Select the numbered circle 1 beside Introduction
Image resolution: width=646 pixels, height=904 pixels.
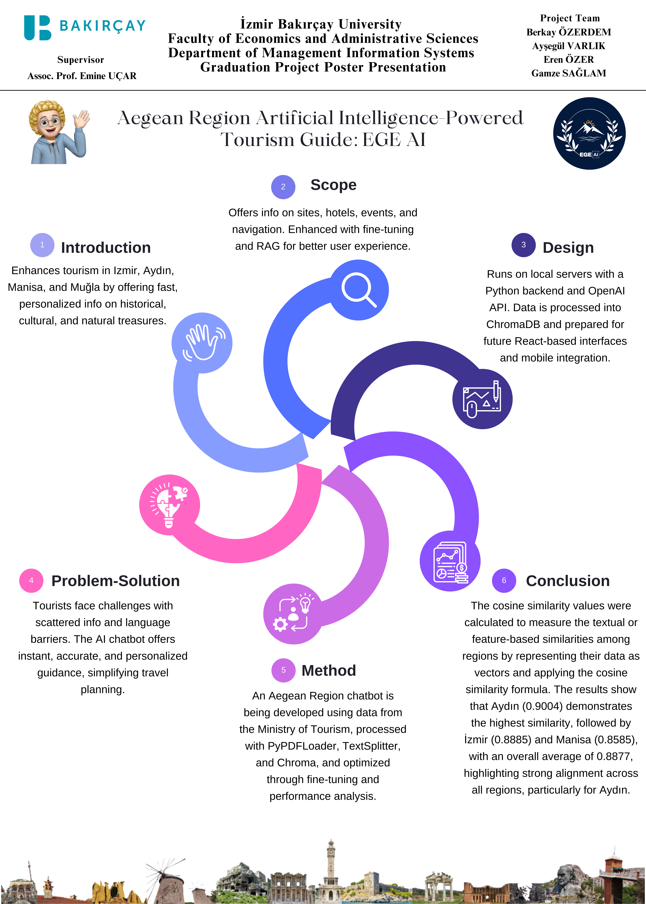pos(42,245)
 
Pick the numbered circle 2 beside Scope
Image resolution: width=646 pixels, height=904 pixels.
pos(283,187)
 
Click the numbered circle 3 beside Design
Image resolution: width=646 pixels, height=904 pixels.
pos(523,245)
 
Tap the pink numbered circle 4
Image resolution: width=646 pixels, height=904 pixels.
pos(31,580)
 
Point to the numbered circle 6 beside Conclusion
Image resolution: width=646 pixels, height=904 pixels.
pos(504,580)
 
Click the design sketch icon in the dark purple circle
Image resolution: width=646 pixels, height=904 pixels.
pos(482,399)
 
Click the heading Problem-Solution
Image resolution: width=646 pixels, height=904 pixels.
pos(115,581)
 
